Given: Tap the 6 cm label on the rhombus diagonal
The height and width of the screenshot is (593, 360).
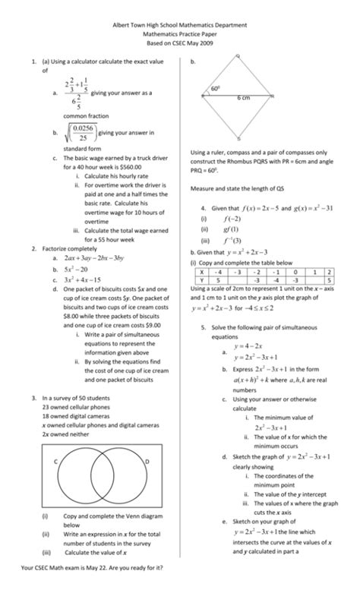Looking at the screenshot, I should click(244, 99).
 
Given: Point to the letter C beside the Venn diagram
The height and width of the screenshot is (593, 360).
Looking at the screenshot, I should click(55, 462).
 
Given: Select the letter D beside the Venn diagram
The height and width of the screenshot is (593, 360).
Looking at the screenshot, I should click(147, 462).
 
